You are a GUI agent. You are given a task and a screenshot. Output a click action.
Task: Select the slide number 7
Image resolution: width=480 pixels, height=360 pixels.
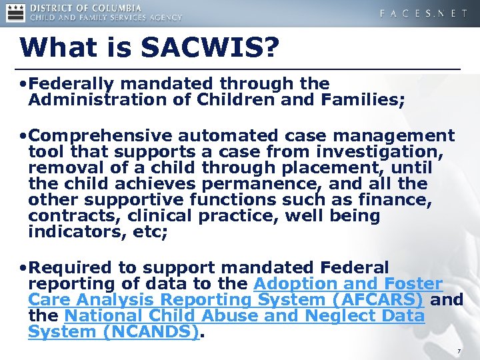459,351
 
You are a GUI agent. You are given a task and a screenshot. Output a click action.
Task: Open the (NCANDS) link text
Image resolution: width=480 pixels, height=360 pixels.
153,332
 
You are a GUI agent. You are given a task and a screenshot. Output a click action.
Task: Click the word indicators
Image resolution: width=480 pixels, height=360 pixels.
71,232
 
